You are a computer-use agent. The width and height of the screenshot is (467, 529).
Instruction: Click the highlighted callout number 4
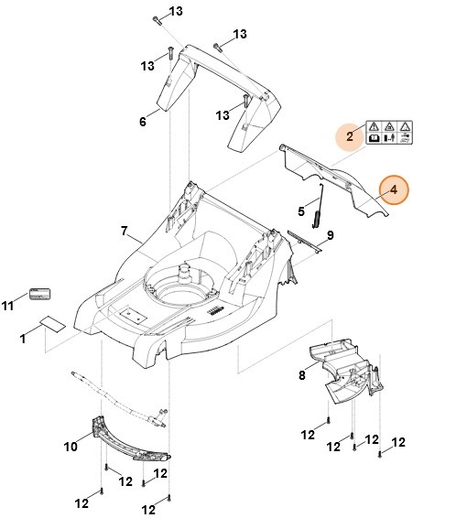click(394, 190)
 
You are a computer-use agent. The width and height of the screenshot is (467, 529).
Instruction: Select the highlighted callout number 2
click(350, 136)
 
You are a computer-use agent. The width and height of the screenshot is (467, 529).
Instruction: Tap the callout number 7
click(125, 232)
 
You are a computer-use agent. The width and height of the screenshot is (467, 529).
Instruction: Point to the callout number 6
click(143, 122)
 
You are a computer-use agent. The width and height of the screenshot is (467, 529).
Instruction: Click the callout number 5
click(301, 211)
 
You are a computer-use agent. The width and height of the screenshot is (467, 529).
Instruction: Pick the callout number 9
click(331, 235)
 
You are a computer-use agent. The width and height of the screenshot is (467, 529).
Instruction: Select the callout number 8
click(302, 375)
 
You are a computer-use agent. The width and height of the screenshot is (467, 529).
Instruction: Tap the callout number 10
click(71, 447)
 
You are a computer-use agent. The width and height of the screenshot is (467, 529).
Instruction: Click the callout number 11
click(7, 306)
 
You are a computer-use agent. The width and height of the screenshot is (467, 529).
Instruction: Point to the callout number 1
click(23, 339)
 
